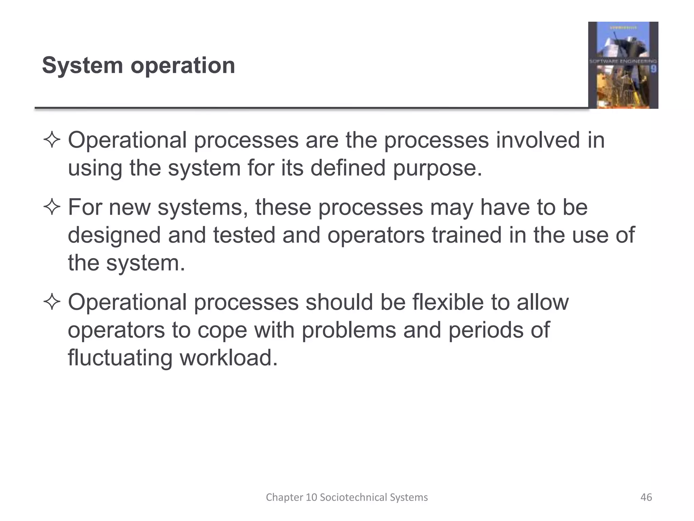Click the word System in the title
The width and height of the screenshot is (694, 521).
[x=82, y=65]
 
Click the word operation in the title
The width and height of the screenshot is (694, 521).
[x=183, y=66]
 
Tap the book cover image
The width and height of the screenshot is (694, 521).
[x=623, y=65]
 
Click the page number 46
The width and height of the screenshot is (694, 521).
[x=646, y=497]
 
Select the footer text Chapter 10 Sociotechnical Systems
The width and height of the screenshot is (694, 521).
[x=347, y=497]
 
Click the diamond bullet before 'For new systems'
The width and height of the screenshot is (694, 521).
[x=52, y=208]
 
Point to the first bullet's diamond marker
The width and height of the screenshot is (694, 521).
[x=52, y=140]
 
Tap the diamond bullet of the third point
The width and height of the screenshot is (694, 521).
[x=52, y=303]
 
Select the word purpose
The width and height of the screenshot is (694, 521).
[x=437, y=168]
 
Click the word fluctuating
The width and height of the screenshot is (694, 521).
[x=120, y=358]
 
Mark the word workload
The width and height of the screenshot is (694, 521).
[x=228, y=358]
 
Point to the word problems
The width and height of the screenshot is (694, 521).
[x=349, y=330]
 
